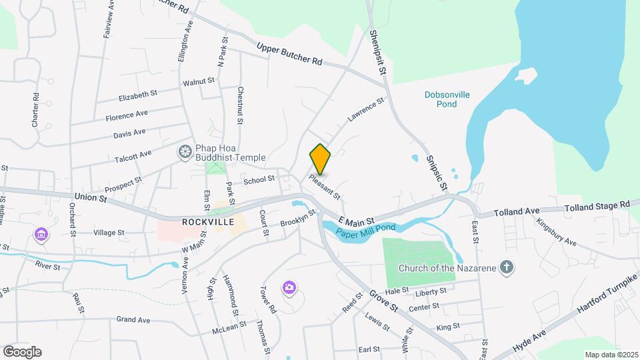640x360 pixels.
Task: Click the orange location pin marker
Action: (x=321, y=159)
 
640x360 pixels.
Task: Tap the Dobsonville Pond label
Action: (x=447, y=99)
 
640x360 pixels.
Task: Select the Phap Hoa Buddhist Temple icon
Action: (x=184, y=153)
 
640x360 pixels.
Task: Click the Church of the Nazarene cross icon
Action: (x=507, y=268)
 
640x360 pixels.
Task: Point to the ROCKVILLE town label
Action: (x=206, y=221)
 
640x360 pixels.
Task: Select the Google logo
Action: (x=22, y=351)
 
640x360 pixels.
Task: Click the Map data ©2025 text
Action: (x=611, y=354)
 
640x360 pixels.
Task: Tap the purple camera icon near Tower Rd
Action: (x=289, y=287)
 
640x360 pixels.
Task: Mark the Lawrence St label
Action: (x=366, y=111)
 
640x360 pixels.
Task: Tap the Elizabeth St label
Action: (x=138, y=96)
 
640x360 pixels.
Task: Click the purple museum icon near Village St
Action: (x=41, y=235)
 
